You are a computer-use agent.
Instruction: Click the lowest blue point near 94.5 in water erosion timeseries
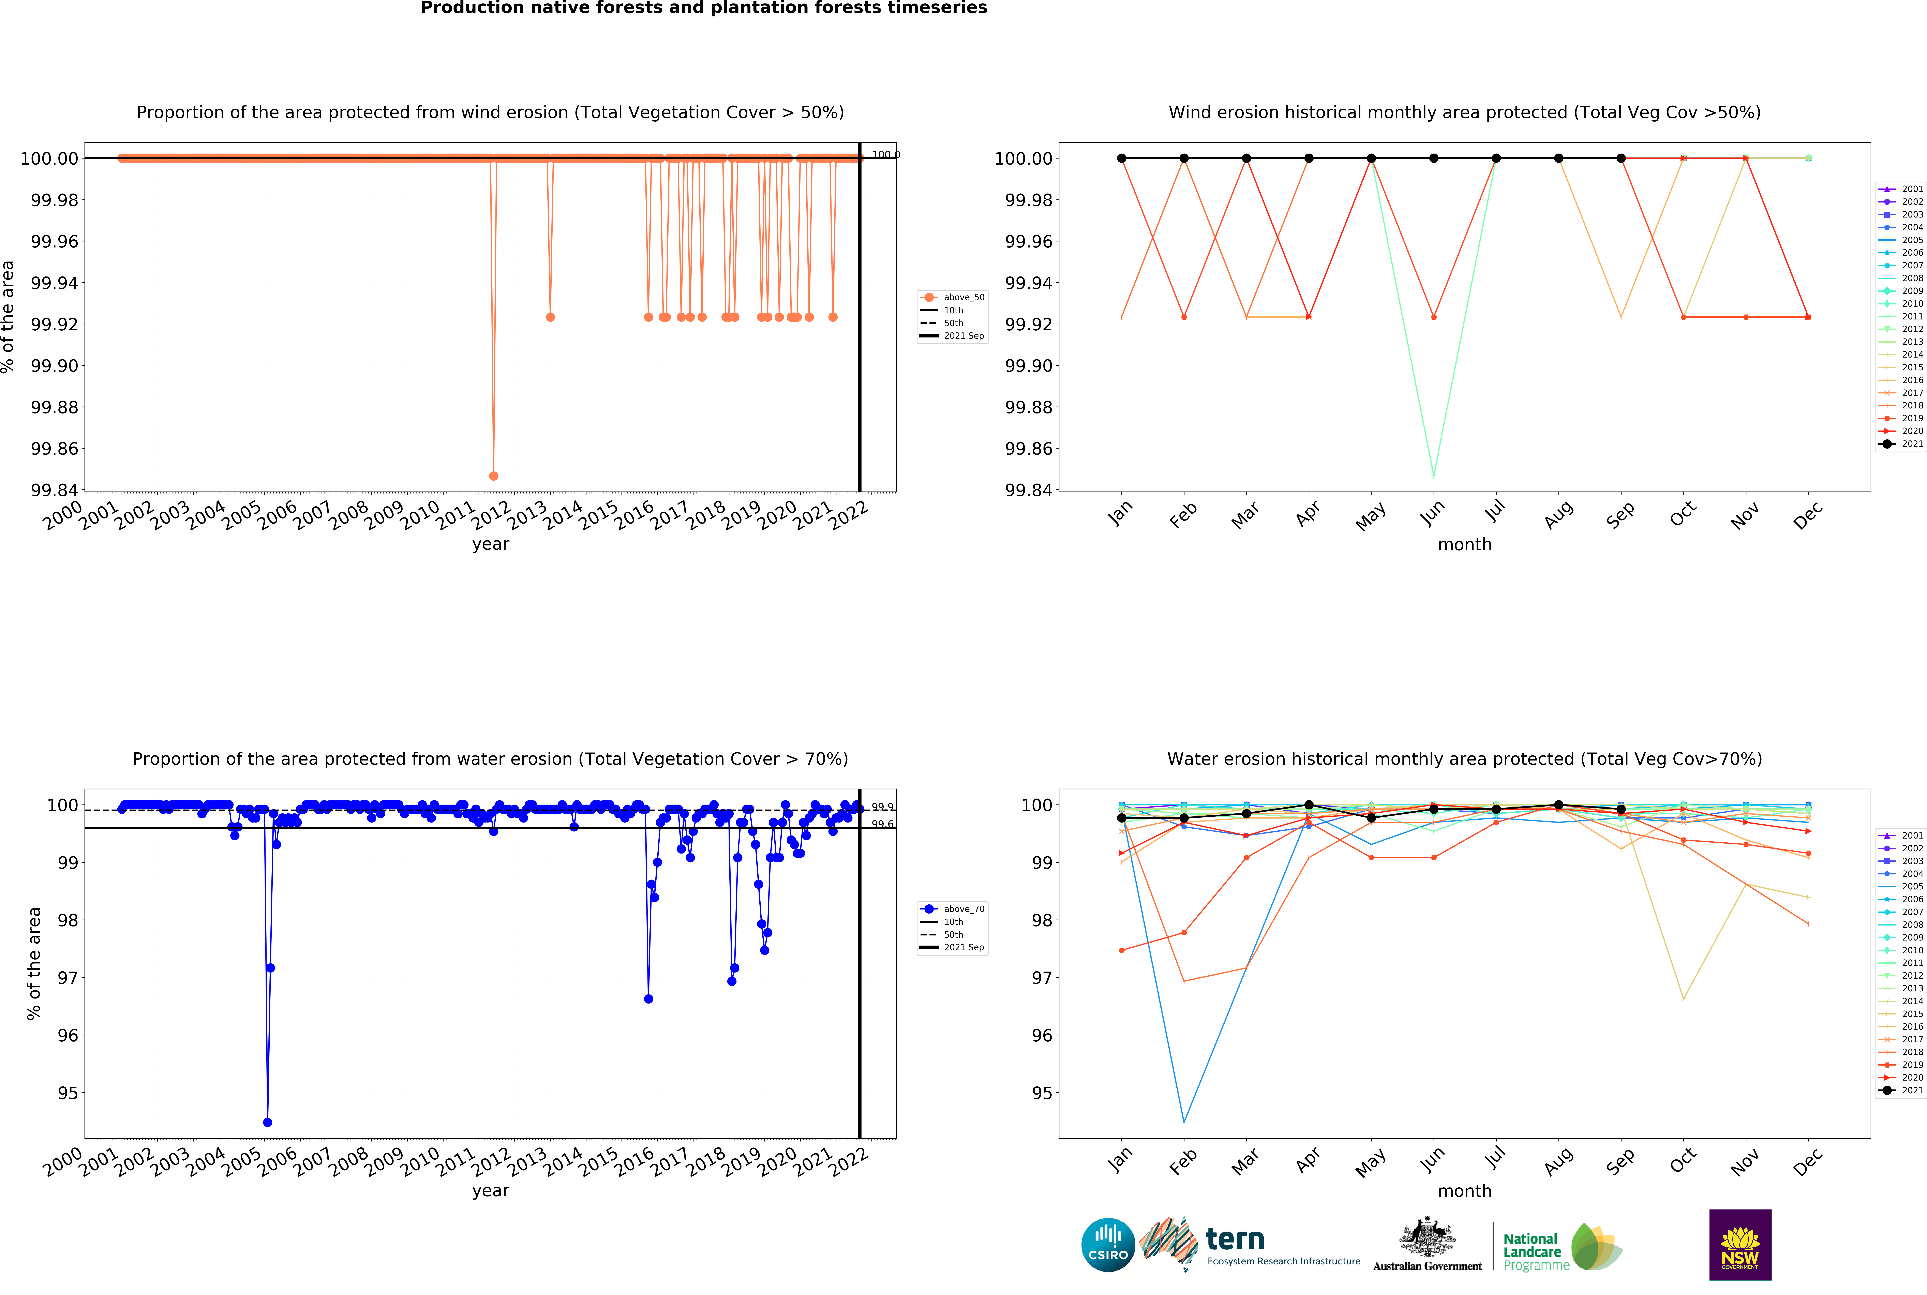[268, 1122]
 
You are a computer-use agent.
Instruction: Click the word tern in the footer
[1235, 1240]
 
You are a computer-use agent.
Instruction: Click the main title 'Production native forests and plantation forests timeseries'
[704, 8]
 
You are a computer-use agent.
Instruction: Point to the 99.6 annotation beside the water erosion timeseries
[882, 824]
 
